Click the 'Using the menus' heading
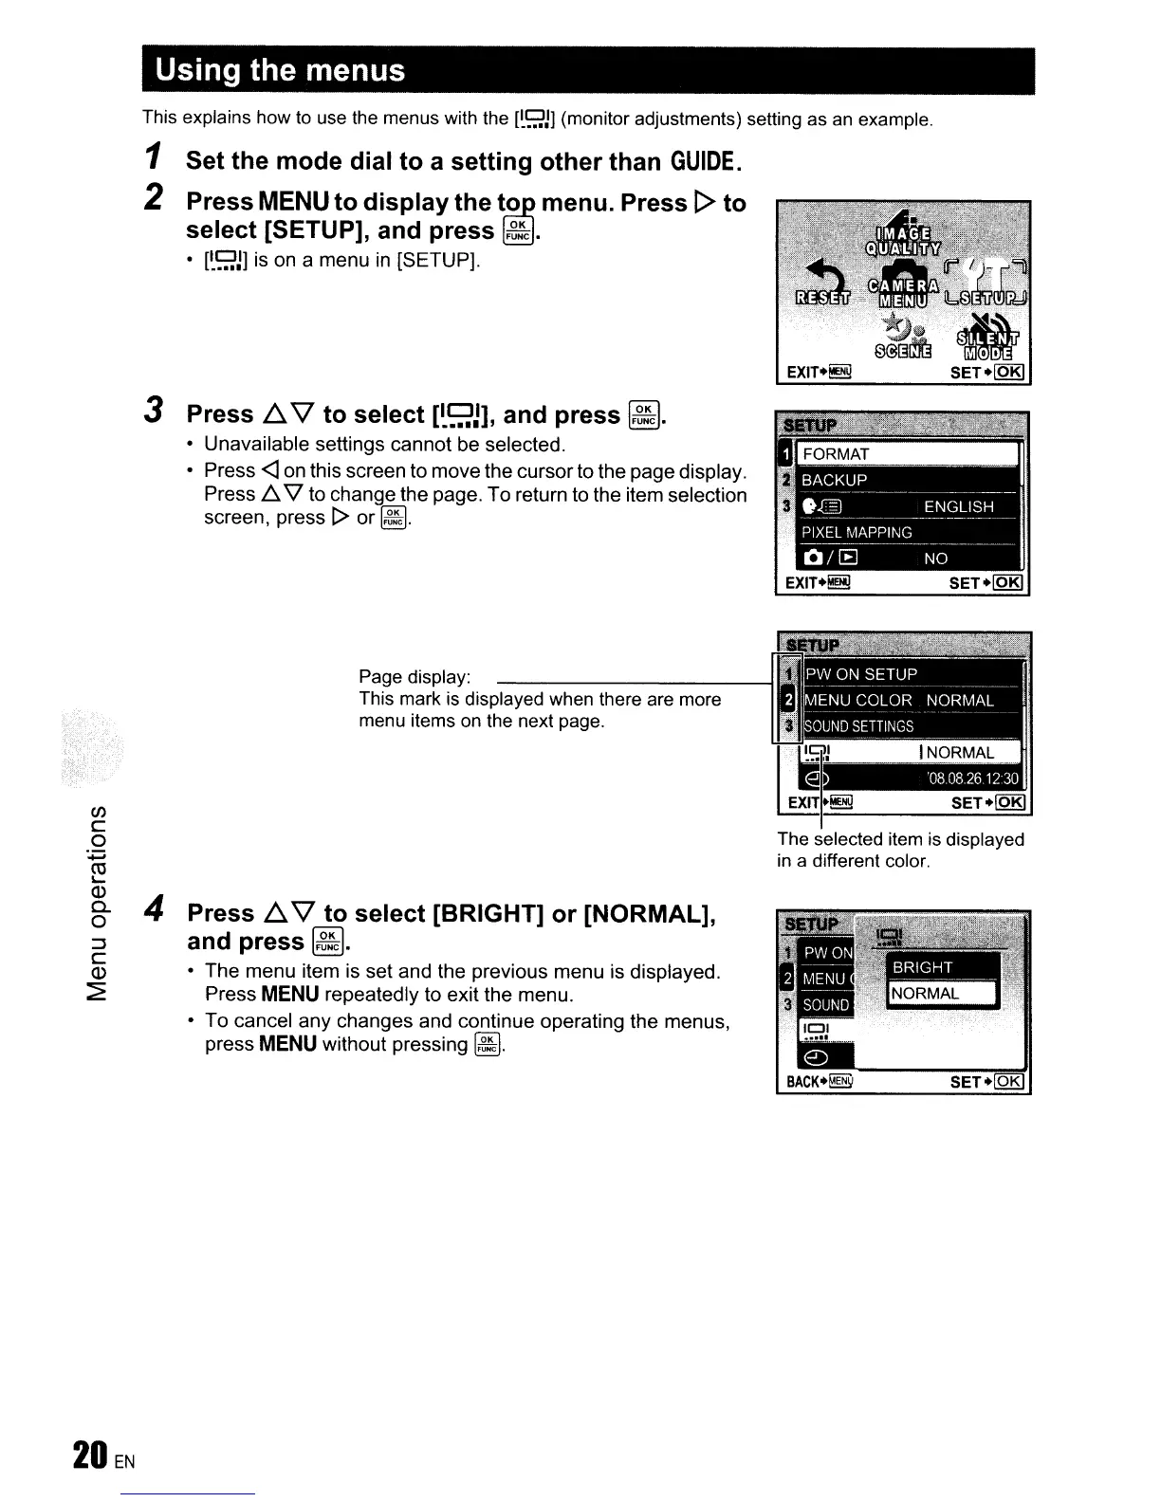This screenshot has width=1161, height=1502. coord(281,71)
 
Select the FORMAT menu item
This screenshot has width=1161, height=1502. coord(836,454)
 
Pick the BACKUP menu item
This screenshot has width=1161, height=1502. coord(835,481)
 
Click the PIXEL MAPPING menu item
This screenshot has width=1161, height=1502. coord(857,533)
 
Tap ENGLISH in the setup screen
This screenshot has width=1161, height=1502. coord(959,507)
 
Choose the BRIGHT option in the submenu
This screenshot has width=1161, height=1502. coord(922,967)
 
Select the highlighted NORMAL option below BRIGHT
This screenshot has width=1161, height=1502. coord(926,994)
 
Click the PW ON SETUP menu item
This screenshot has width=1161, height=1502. coord(861,675)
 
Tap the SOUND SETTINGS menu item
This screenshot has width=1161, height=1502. coord(858,727)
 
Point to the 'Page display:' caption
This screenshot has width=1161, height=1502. coord(415,677)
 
